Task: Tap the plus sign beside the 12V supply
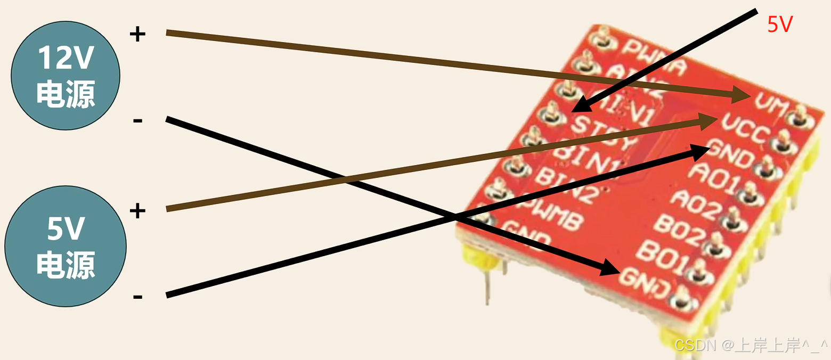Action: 137,35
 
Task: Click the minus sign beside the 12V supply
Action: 137,121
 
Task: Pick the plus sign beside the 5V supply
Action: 137,211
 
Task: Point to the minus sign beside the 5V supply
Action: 137,296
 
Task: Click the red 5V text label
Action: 780,25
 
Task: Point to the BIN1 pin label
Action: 583,160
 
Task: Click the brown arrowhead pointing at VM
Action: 740,97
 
